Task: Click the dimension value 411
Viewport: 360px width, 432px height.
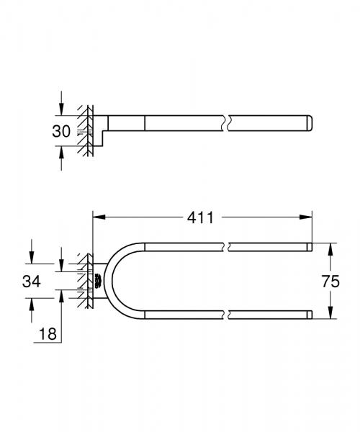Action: (x=202, y=216)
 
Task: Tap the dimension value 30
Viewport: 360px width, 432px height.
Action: (x=62, y=131)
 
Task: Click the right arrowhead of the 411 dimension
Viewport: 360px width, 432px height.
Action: (x=307, y=216)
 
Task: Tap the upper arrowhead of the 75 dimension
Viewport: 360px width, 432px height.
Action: (x=330, y=247)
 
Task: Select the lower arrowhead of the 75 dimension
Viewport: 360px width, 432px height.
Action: (x=330, y=315)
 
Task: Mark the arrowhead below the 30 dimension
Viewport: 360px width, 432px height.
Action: (x=62, y=149)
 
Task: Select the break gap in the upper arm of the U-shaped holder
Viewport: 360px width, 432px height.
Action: (x=228, y=247)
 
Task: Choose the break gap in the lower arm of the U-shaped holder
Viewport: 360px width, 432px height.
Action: (x=228, y=315)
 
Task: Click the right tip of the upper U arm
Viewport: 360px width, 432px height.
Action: (x=310, y=247)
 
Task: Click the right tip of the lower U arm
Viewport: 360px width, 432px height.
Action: (x=310, y=315)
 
